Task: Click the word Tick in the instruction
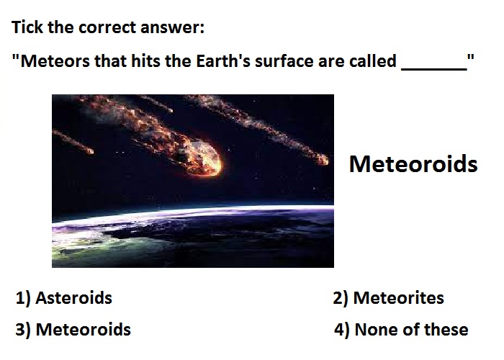(27, 27)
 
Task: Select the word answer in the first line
(172, 27)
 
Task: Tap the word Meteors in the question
(55, 60)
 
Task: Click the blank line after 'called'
(434, 69)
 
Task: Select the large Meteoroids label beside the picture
(413, 164)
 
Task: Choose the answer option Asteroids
(73, 297)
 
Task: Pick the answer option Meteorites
(399, 297)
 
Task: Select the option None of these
(411, 330)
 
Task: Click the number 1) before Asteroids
(23, 298)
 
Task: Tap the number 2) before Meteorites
(341, 298)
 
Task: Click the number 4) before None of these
(342, 330)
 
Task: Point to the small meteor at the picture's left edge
(73, 142)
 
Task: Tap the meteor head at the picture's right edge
(321, 159)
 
